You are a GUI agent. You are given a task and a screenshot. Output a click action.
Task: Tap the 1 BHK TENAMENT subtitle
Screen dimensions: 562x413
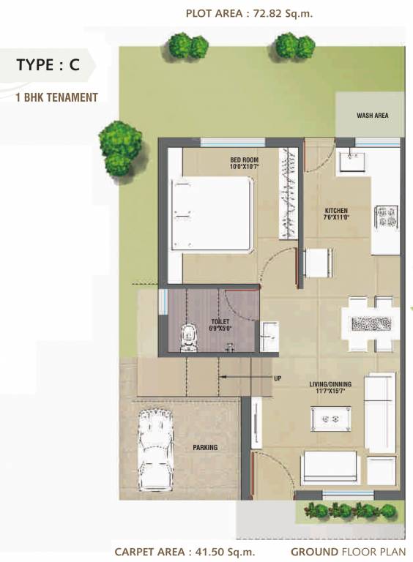pos(56,97)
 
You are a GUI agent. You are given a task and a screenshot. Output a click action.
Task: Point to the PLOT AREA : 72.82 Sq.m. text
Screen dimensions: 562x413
pos(249,13)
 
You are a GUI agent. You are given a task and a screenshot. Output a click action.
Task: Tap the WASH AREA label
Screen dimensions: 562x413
pos(372,116)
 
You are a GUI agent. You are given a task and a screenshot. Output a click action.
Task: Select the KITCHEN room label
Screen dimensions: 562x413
pos(337,214)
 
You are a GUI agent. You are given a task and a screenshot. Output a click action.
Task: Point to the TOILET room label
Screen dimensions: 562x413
pos(220,324)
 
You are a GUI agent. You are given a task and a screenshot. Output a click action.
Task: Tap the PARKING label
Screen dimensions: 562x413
pos(205,447)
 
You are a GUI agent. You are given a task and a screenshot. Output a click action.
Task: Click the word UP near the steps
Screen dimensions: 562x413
pos(278,378)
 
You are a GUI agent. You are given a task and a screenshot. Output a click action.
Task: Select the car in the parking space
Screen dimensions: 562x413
pos(155,449)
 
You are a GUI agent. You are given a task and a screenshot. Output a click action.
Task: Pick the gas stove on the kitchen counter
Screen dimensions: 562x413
pos(386,217)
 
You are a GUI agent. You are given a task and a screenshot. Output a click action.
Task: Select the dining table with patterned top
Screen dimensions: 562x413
pos(371,323)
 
